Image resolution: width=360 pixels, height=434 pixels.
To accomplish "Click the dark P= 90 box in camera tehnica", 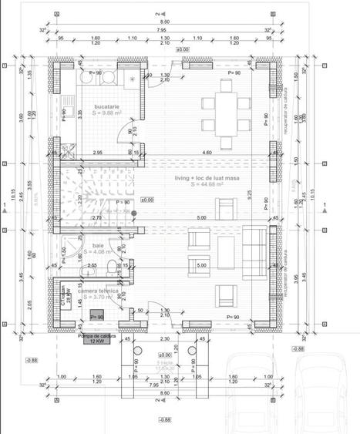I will pos(97,315).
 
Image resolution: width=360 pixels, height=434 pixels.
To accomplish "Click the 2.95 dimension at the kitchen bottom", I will pos(97,153).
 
